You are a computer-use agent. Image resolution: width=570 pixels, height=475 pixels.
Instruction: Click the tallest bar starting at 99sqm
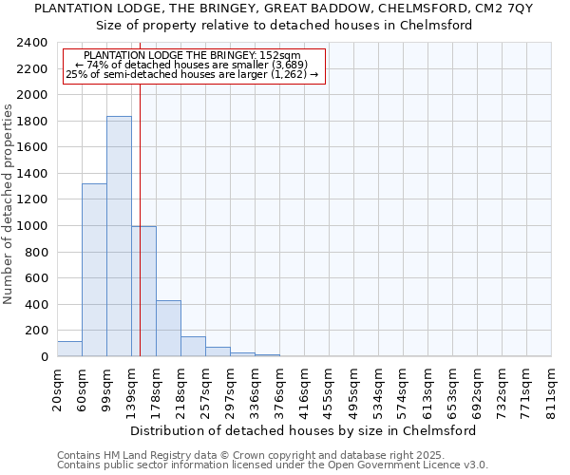(119, 237)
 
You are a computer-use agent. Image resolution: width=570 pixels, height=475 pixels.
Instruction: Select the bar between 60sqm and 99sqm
(94, 270)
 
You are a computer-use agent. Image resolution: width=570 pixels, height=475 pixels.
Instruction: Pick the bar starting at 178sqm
(168, 329)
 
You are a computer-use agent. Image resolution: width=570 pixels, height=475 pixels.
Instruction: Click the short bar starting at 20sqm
(69, 349)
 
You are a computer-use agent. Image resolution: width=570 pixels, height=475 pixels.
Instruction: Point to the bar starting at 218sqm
(193, 347)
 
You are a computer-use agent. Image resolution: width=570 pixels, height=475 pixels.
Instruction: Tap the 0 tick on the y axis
(45, 357)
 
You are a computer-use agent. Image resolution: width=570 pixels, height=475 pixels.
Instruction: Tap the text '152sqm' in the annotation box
(281, 55)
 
